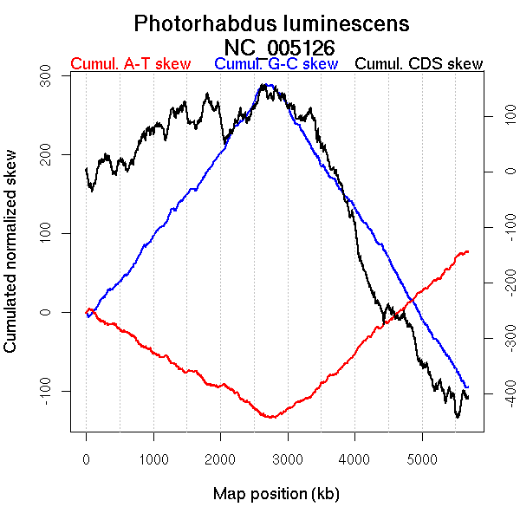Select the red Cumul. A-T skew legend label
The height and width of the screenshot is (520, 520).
tap(130, 64)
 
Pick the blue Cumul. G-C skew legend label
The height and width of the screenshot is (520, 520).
tap(276, 64)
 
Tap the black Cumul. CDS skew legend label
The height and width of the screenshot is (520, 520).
tap(419, 64)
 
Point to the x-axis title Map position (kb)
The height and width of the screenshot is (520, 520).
tap(276, 494)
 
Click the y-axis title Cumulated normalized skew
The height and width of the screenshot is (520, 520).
tap(11, 262)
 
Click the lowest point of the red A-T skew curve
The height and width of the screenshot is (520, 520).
tap(271, 418)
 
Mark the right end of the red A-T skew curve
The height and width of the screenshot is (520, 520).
tap(468, 251)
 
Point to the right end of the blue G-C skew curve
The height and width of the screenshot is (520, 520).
tap(468, 387)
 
